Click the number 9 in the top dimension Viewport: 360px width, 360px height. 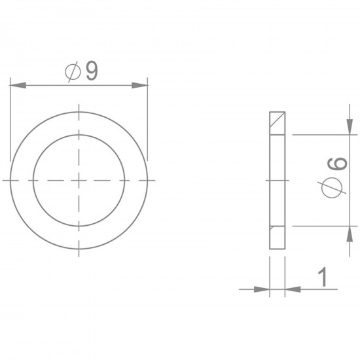(x=91, y=71)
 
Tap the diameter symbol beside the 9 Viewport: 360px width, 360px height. (x=73, y=72)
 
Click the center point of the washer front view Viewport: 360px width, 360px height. (x=79, y=179)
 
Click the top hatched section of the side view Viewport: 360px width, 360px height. (x=278, y=122)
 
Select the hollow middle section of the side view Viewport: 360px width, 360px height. (x=278, y=179)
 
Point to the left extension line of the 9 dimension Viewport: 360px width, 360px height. (x=11, y=124)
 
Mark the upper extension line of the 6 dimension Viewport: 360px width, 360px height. (x=321, y=134)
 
